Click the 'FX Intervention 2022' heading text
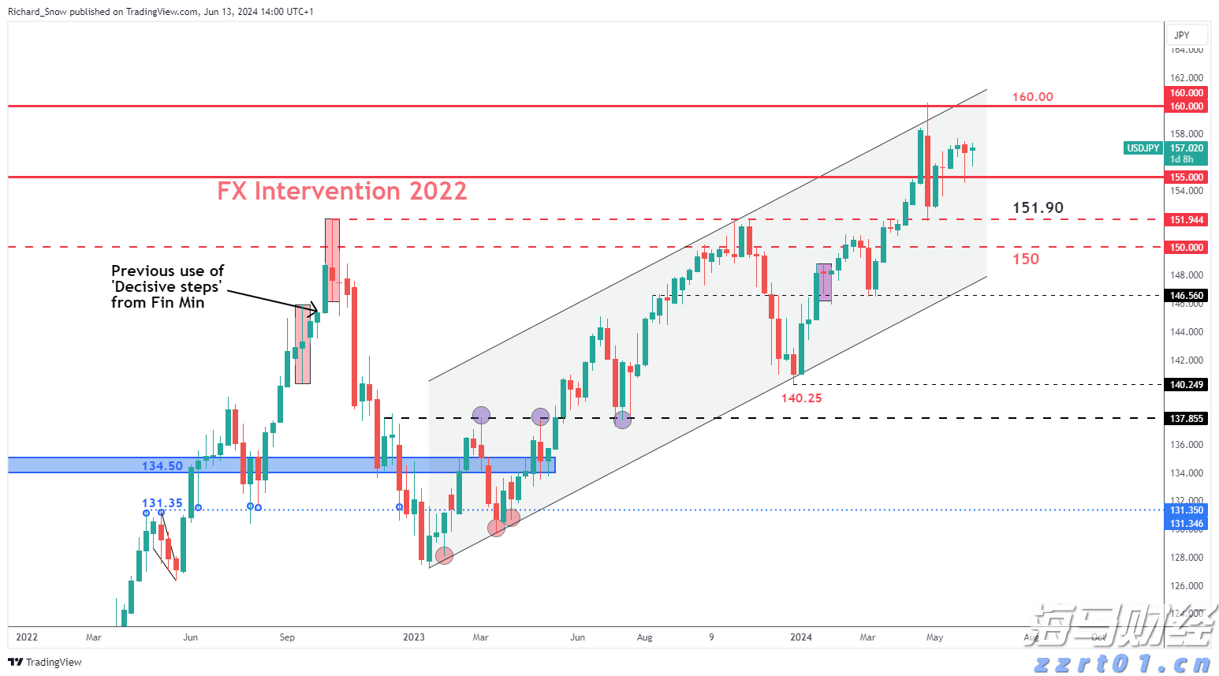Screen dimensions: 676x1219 click(341, 191)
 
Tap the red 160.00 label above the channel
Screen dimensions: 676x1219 click(1032, 97)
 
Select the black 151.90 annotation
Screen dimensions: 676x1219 click(1038, 208)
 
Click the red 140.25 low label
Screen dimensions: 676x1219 click(801, 398)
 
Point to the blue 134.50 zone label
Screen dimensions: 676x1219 click(162, 466)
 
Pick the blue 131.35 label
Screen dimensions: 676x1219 click(162, 503)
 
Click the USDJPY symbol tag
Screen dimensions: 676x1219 click(1143, 148)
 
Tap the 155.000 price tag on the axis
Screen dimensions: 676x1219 click(1186, 177)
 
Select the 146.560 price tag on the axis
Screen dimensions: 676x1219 click(1186, 296)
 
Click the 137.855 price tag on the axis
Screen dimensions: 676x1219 click(1186, 419)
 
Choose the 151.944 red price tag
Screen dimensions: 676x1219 click(1186, 220)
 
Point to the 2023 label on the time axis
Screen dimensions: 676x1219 click(413, 637)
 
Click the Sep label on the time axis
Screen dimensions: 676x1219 click(287, 637)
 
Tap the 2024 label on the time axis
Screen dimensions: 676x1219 click(800, 637)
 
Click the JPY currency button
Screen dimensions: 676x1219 click(1181, 35)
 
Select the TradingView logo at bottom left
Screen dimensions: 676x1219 click(45, 662)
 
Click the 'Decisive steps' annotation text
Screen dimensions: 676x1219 click(167, 287)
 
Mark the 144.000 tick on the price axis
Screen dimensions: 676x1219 click(1186, 332)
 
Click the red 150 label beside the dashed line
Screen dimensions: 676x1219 click(1025, 260)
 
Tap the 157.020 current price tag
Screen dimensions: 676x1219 click(1186, 148)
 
